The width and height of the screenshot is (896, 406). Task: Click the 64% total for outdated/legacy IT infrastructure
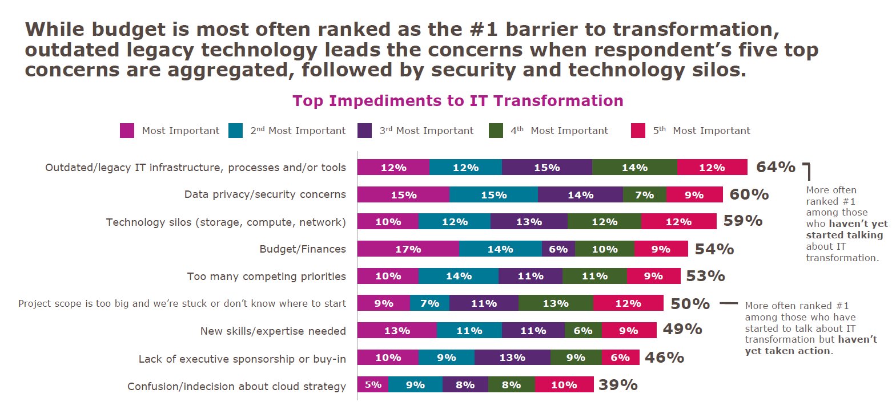(775, 167)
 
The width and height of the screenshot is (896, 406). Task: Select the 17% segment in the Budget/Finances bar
(408, 249)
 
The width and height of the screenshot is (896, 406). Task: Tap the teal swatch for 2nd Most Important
(235, 131)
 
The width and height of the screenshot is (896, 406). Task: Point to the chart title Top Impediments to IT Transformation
(457, 101)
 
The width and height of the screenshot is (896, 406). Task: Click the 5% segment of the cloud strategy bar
(373, 385)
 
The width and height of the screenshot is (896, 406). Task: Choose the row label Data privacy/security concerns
(265, 194)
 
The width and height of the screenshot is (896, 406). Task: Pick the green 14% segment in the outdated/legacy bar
(634, 168)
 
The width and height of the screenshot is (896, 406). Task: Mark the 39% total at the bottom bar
(618, 385)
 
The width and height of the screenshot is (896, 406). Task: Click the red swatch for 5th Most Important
(638, 131)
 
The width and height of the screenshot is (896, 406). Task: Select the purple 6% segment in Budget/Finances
(558, 249)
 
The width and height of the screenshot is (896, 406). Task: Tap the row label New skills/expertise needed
(273, 331)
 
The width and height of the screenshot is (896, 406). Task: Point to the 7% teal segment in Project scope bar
(429, 303)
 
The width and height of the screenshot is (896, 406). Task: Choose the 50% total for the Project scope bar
(690, 304)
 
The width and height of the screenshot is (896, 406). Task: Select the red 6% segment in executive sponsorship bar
(620, 358)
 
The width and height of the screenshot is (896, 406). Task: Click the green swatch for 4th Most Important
(496, 131)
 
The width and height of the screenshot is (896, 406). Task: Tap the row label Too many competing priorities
(266, 277)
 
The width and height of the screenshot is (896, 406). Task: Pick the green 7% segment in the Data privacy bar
(644, 195)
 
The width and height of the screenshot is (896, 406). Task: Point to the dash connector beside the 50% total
(728, 304)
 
